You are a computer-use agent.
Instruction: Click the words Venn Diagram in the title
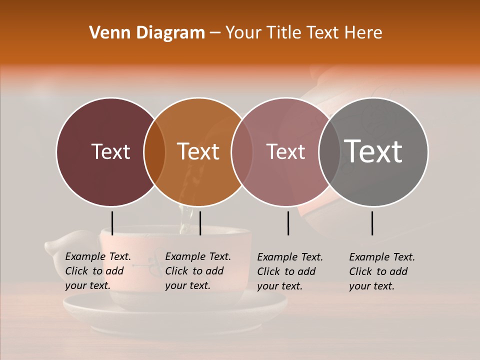[x=147, y=33]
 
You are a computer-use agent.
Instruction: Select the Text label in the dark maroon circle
[x=110, y=152]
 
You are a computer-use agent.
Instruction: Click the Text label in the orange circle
[x=198, y=152]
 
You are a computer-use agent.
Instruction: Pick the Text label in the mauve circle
[x=285, y=152]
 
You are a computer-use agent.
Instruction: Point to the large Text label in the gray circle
[x=373, y=151]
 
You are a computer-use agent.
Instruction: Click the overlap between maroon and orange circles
[x=154, y=152]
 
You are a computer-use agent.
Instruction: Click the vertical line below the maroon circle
[x=112, y=223]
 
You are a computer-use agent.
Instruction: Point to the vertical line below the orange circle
[x=200, y=223]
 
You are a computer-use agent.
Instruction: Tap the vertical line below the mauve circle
[x=288, y=223]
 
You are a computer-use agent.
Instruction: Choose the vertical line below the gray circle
[x=372, y=223]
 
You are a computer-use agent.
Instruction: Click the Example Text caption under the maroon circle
[x=98, y=271]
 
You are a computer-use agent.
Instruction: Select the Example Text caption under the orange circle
[x=198, y=271]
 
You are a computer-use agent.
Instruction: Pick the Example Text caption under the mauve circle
[x=290, y=271]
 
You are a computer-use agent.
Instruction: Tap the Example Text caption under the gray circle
[x=382, y=271]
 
